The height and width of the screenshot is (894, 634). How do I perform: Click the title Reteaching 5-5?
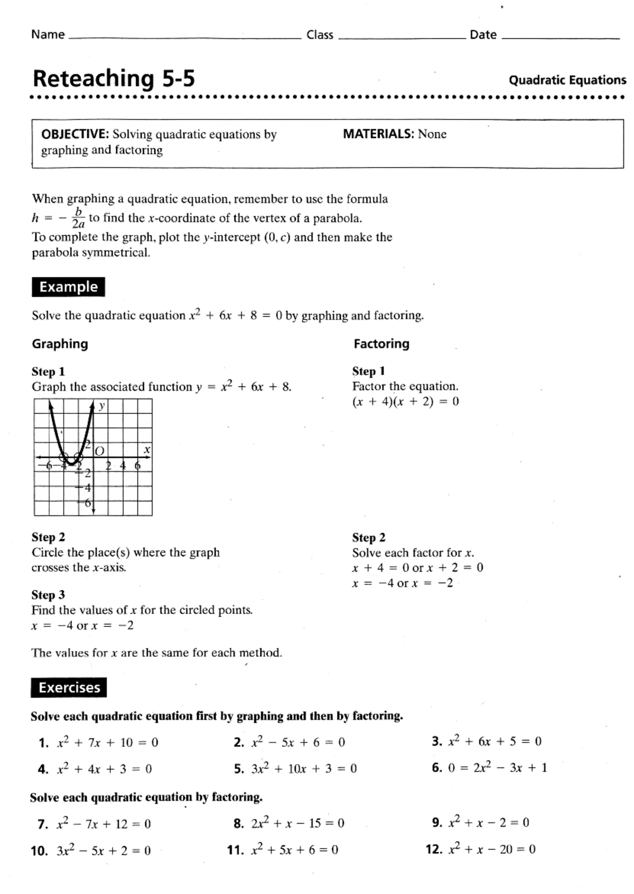pyautogui.click(x=114, y=79)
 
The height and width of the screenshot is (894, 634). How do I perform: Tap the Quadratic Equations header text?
pyautogui.click(x=567, y=80)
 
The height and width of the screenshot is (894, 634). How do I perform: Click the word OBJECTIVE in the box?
pyautogui.click(x=74, y=134)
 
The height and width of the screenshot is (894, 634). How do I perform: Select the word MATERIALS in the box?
pyautogui.click(x=378, y=134)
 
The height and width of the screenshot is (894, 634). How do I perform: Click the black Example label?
pyautogui.click(x=68, y=287)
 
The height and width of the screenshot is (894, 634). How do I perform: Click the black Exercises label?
pyautogui.click(x=69, y=688)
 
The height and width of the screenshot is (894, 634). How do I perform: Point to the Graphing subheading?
pyautogui.click(x=60, y=344)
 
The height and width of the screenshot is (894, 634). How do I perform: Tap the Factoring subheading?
pyautogui.click(x=381, y=344)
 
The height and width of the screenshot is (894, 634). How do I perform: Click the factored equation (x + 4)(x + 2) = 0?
pyautogui.click(x=405, y=402)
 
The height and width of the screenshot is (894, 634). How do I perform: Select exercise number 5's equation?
pyautogui.click(x=304, y=769)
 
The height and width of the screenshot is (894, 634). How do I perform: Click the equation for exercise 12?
pyautogui.click(x=491, y=850)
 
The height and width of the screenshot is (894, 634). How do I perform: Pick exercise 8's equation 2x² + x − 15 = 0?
pyautogui.click(x=297, y=823)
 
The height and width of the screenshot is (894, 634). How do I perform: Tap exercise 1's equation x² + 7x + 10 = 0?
pyautogui.click(x=107, y=743)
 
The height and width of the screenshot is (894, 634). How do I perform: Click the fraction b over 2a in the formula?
pyautogui.click(x=78, y=218)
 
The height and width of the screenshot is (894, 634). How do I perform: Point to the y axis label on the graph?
pyautogui.click(x=102, y=406)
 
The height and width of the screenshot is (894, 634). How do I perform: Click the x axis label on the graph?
pyautogui.click(x=147, y=450)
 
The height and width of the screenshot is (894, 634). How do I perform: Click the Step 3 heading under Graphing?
pyautogui.click(x=48, y=595)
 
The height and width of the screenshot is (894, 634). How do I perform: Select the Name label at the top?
pyautogui.click(x=48, y=35)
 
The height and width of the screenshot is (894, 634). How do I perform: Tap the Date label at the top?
pyautogui.click(x=483, y=35)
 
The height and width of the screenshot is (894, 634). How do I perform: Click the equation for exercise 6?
pyautogui.click(x=497, y=768)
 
